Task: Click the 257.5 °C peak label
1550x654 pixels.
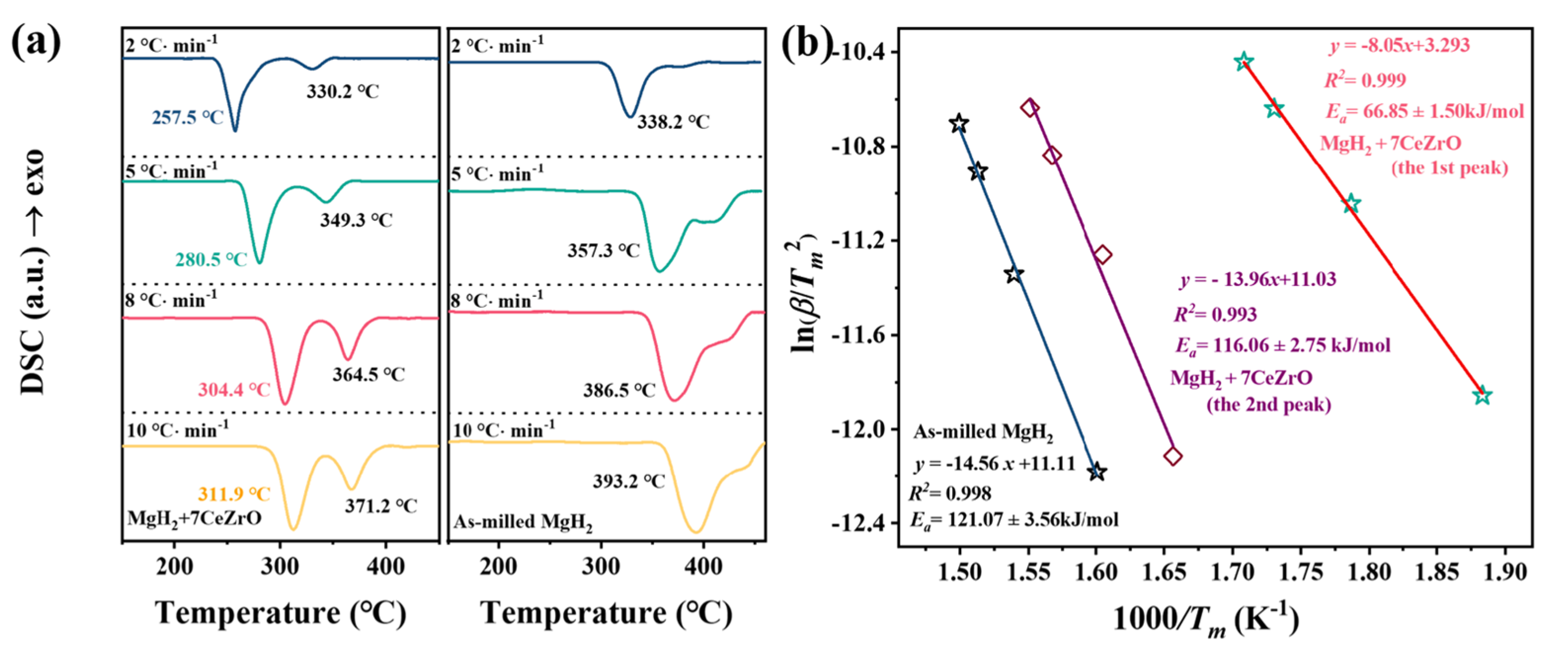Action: click(187, 118)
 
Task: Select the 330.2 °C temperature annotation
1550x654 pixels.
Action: click(343, 91)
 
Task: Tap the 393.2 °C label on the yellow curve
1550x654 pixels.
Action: click(629, 481)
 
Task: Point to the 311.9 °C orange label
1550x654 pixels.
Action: click(234, 494)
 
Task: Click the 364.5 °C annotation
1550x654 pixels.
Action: click(368, 374)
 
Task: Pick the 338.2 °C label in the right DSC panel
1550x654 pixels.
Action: click(673, 122)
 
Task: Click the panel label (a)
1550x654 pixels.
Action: click(36, 43)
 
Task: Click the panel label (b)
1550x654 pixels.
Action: click(806, 43)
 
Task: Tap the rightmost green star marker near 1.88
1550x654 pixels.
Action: click(1482, 396)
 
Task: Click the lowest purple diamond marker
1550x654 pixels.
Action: click(1173, 456)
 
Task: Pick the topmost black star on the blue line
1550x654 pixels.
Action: click(959, 123)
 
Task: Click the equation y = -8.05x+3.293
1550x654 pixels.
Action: click(1399, 45)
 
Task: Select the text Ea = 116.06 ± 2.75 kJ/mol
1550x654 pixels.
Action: click(1283, 346)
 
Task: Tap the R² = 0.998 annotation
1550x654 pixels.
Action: click(949, 494)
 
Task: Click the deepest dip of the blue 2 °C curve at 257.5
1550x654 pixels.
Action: click(234, 130)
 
